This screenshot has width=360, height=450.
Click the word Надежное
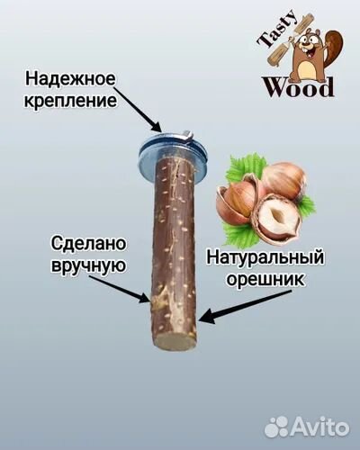point(70,79)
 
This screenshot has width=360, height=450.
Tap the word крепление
point(70,101)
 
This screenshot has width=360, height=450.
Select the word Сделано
point(88,243)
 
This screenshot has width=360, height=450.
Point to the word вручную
point(88,265)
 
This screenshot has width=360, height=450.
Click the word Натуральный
point(265,258)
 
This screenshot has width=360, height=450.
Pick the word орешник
point(265,280)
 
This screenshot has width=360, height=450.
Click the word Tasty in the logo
point(277,30)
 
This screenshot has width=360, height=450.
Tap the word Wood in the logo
point(298,87)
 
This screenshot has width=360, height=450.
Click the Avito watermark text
point(319,427)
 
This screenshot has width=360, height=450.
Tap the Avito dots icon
point(276,427)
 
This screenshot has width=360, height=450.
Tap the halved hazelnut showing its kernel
point(276,219)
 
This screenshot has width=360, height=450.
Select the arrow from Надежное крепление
point(139,110)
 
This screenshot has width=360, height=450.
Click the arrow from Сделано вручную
point(120,289)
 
